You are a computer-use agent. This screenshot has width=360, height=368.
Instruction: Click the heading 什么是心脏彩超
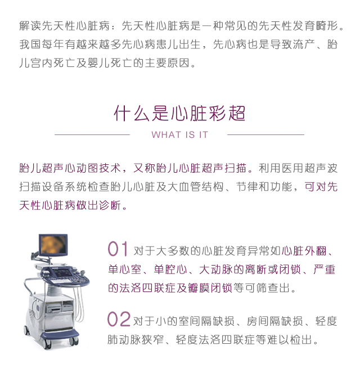point(179,113)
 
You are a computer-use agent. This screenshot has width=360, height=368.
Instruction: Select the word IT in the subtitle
point(204,134)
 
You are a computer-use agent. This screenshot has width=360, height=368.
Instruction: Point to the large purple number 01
point(118,249)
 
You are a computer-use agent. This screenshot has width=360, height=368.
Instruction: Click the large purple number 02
point(119,319)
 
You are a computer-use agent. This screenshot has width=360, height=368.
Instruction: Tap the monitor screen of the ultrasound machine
point(53,245)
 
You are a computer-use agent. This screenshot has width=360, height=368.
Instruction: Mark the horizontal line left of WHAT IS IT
point(92,134)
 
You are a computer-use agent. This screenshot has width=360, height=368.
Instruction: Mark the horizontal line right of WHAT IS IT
point(265,134)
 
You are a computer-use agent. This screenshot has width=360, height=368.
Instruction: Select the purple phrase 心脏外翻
point(304,251)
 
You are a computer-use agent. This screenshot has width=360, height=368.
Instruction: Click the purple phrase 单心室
point(125,270)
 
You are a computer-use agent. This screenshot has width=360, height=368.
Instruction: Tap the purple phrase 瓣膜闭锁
point(210,288)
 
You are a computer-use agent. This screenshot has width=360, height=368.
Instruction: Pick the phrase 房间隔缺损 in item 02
point(274,321)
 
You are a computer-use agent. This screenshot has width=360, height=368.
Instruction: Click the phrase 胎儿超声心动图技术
point(70,168)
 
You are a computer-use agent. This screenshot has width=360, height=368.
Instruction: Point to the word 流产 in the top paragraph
point(304,44)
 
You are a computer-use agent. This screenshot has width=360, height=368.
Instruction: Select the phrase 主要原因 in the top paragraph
point(167,63)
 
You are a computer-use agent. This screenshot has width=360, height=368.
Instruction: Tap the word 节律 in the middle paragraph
point(247,187)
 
